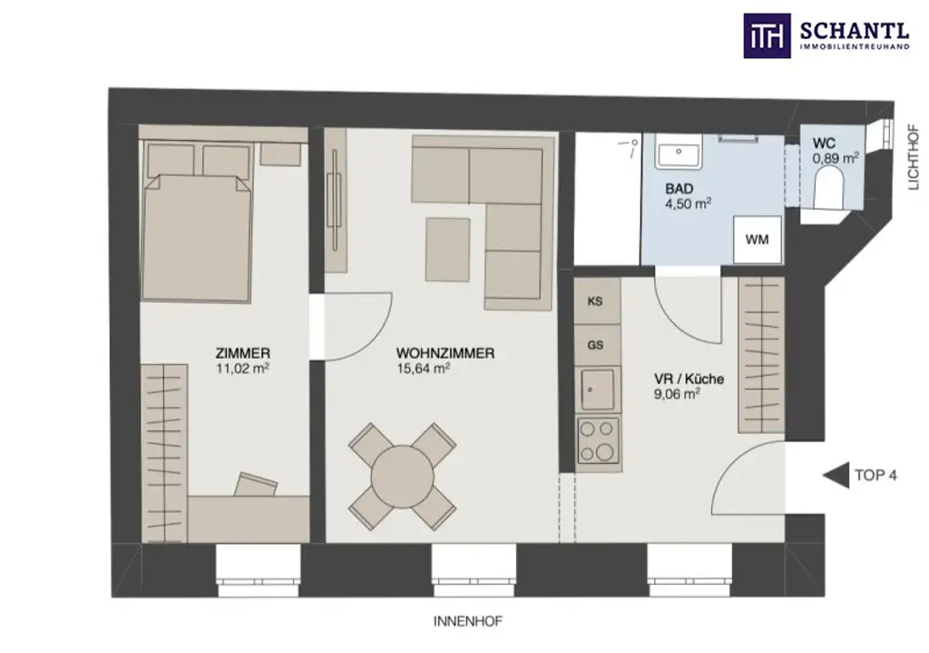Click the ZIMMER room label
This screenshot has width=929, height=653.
point(243,353)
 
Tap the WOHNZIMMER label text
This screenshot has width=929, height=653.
point(445,353)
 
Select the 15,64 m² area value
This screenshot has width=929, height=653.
point(424,369)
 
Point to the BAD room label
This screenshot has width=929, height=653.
point(679,188)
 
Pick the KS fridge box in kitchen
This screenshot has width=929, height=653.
point(596,302)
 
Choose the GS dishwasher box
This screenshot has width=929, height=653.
point(596,345)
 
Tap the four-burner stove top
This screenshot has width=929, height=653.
point(598,440)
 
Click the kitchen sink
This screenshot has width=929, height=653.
point(597,389)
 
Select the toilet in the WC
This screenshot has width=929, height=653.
point(830,193)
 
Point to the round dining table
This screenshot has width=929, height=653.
point(403,476)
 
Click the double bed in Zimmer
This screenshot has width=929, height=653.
point(198,232)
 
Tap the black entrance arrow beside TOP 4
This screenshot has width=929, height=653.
point(833,475)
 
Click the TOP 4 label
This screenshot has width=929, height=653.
point(875,475)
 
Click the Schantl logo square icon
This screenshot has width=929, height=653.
point(767,35)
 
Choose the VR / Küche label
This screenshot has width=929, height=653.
point(689,379)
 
